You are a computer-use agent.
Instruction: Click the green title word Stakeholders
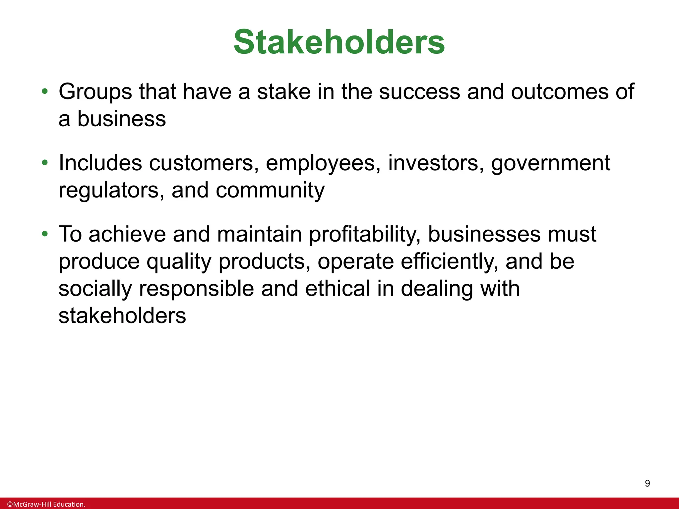coord(339,42)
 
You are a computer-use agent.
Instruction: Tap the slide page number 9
coord(647,483)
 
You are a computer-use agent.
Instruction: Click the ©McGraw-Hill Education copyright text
coord(46,504)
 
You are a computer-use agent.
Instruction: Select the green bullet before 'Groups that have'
coord(45,91)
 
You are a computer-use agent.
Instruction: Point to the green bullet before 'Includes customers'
coord(45,163)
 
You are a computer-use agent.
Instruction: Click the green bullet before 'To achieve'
coord(45,234)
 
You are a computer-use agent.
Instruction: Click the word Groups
coord(95,92)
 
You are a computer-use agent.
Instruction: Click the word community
coord(270,191)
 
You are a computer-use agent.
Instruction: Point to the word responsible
coord(196,289)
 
